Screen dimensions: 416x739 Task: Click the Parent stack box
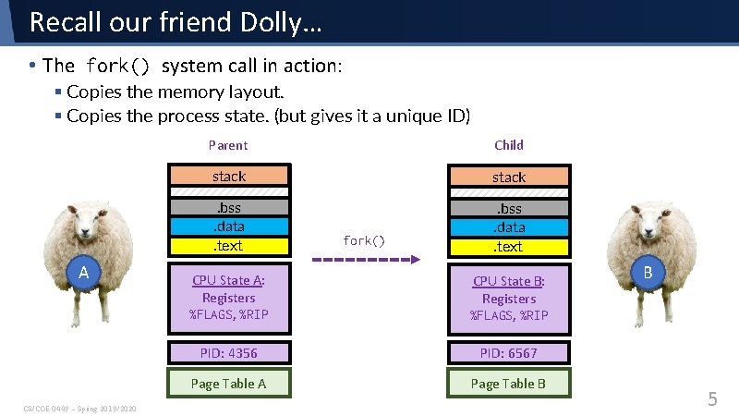(228, 176)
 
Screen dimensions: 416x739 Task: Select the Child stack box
(508, 177)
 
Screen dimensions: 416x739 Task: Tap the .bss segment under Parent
(228, 208)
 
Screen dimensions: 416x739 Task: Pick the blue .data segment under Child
(508, 227)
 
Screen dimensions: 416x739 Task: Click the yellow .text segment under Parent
(228, 246)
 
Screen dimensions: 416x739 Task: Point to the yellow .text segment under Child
(508, 247)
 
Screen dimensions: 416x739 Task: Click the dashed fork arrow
(361, 261)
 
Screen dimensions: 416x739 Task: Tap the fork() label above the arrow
(363, 240)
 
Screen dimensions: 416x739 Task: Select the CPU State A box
(228, 298)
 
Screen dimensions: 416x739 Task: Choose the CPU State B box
(508, 299)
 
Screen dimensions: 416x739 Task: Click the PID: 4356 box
(228, 352)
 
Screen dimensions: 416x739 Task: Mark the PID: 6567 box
(508, 352)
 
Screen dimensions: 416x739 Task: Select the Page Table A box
(228, 384)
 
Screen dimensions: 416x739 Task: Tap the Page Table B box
(508, 384)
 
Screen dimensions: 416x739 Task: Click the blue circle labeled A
(83, 273)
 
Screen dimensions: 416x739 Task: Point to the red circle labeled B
(648, 273)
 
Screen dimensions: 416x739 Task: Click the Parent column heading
(228, 145)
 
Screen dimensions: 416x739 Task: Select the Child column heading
(509, 145)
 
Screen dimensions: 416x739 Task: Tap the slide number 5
(712, 399)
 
